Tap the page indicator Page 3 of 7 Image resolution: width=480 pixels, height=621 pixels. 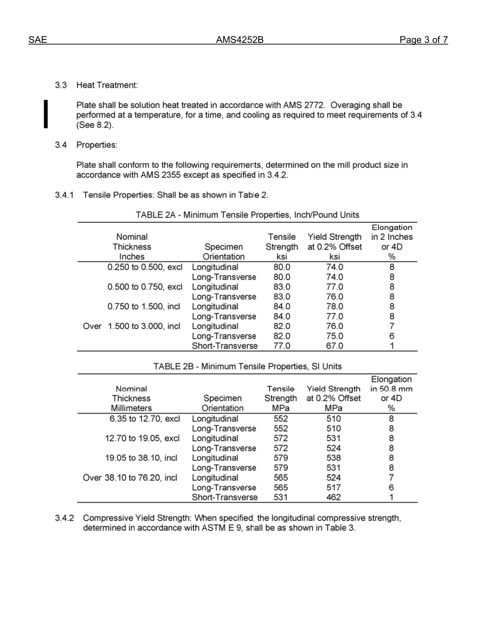(x=423, y=40)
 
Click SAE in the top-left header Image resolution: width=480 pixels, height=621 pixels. (x=38, y=40)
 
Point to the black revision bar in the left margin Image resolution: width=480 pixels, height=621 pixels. (x=46, y=114)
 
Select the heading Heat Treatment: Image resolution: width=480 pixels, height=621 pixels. (x=107, y=85)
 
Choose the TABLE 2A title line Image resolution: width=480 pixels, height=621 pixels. (x=247, y=215)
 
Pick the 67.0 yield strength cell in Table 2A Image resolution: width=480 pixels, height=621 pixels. (x=333, y=346)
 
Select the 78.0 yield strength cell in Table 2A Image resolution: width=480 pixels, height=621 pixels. (x=333, y=307)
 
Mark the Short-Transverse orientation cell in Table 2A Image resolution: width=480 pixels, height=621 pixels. (x=224, y=346)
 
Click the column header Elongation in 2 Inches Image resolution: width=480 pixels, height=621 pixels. (x=392, y=237)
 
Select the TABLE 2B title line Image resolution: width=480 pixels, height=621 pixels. (x=247, y=367)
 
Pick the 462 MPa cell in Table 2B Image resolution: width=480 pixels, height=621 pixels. (x=333, y=498)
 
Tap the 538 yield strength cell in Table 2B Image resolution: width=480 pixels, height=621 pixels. (x=333, y=458)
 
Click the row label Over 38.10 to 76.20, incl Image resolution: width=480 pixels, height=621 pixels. (x=130, y=478)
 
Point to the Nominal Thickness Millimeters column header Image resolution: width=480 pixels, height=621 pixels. (x=131, y=398)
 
